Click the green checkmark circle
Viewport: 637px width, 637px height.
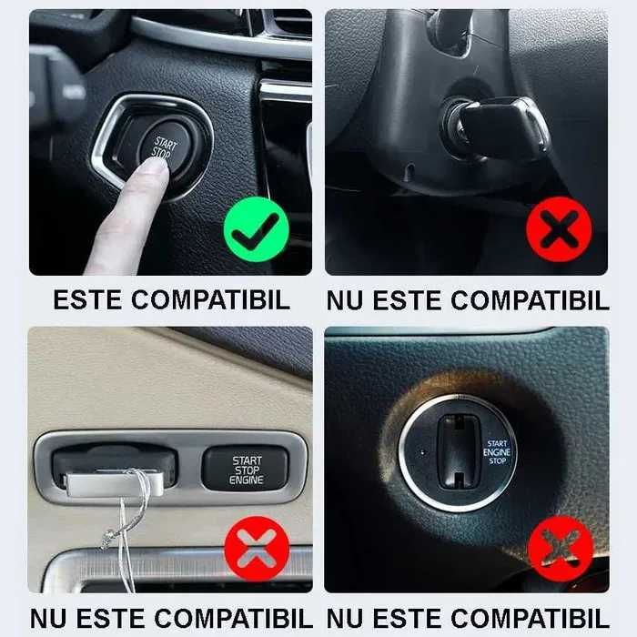point(257,229)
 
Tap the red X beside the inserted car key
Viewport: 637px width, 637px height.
point(559,229)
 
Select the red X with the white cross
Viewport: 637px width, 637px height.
point(257,550)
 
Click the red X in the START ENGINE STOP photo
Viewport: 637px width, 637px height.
point(561,550)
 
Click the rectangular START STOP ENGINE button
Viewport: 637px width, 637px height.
point(246,469)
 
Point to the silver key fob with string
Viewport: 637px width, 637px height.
point(115,482)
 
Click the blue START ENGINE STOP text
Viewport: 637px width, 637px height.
point(497,452)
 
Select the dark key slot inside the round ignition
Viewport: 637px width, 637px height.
point(459,451)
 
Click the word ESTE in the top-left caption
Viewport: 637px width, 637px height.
point(87,300)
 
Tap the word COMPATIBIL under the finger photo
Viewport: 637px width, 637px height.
point(210,300)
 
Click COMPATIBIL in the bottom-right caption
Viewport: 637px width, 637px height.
point(530,619)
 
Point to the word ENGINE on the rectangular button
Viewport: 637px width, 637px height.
point(247,480)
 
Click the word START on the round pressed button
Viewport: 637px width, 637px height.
point(166,144)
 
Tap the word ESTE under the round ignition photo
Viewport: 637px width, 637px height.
point(407,619)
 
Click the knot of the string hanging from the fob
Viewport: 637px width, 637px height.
point(107,535)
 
